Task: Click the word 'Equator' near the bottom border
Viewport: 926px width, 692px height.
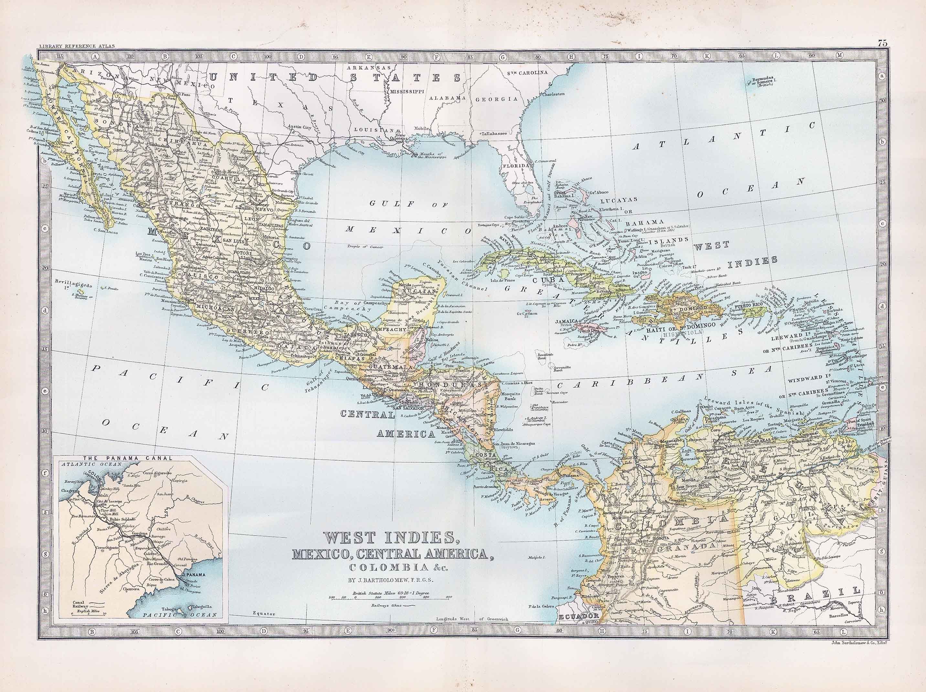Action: [264, 614]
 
